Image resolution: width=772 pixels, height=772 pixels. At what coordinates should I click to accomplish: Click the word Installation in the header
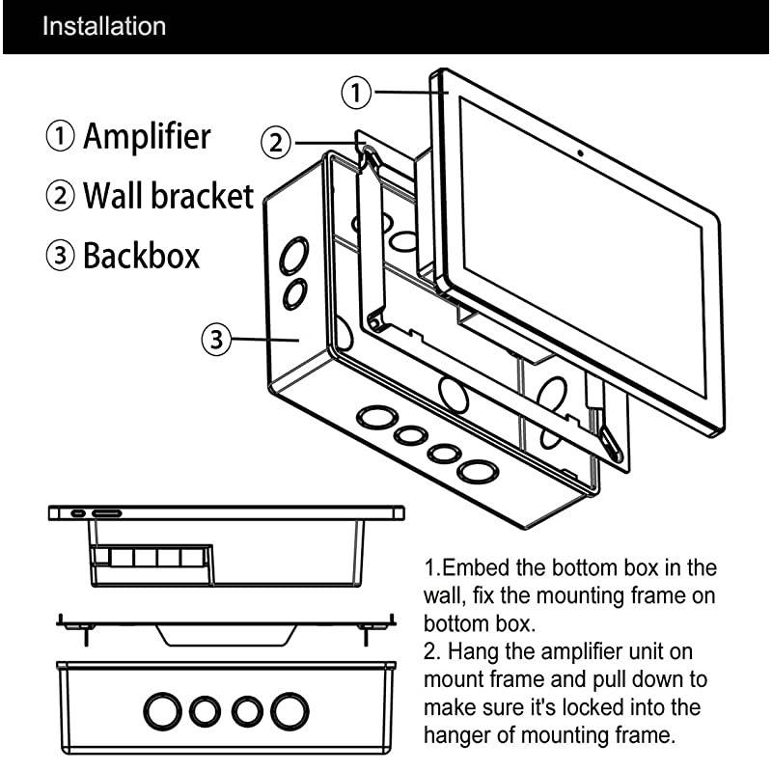pos(103,26)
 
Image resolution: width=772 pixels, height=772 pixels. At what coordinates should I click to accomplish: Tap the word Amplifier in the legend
pos(147,136)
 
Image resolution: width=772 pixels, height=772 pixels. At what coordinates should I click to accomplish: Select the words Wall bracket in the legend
pos(168,196)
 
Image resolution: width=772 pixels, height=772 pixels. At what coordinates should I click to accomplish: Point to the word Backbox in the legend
pos(141,256)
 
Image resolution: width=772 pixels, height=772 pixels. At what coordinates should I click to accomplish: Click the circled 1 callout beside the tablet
pos(358,93)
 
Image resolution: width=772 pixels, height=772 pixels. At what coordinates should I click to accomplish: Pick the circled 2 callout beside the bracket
pos(276,143)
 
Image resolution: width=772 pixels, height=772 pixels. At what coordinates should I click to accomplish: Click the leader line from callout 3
pos(265,339)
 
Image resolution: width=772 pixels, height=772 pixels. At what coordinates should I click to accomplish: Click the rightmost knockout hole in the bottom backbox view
pos(289,711)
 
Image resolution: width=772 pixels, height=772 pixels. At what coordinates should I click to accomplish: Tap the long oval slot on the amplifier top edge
pos(106,512)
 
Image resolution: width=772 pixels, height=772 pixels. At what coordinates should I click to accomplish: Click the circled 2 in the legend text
pos(60,197)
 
